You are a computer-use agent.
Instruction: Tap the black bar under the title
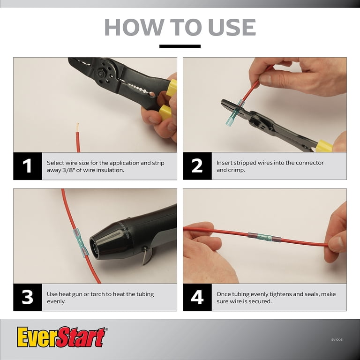(180, 46)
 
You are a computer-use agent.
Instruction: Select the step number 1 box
(28, 166)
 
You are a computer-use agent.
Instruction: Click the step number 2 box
(197, 166)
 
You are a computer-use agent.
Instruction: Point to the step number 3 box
(28, 297)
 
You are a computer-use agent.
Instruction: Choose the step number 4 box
(197, 297)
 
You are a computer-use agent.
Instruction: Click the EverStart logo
(61, 337)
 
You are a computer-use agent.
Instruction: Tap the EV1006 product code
(337, 339)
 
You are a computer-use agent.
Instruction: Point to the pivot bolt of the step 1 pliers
(101, 74)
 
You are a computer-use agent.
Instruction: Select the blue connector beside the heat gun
(81, 242)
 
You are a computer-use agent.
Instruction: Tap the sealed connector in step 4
(264, 237)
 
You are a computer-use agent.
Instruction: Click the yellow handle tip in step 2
(324, 146)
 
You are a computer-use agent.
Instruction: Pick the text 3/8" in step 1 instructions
(68, 170)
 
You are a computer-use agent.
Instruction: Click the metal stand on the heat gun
(147, 256)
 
